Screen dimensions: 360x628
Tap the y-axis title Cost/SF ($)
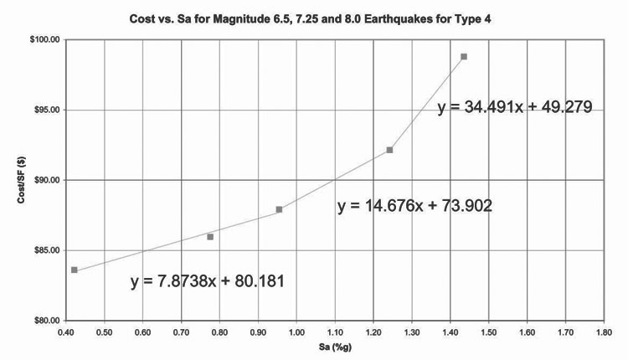[14, 180]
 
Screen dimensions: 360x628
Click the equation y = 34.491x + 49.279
[515, 107]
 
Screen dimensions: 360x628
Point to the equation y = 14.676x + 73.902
[414, 206]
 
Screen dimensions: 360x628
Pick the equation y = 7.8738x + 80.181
[208, 282]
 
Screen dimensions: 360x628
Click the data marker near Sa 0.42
[75, 270]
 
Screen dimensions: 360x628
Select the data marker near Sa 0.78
[210, 237]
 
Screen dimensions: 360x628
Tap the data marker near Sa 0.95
[279, 209]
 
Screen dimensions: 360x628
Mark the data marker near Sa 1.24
[389, 150]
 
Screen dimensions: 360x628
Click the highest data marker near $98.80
[464, 57]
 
